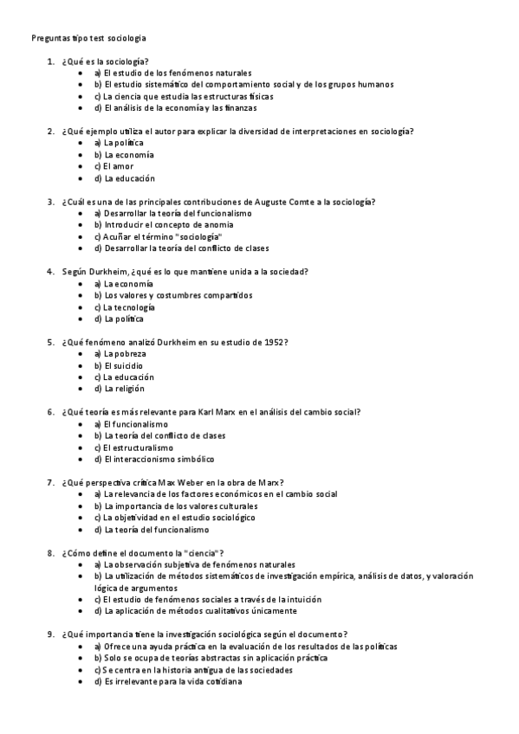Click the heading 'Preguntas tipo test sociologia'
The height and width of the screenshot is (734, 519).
[88, 38]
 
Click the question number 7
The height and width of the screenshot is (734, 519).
[51, 482]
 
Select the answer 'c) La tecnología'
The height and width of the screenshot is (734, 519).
[125, 307]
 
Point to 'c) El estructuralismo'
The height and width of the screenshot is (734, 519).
[137, 447]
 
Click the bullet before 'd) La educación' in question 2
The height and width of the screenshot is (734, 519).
[81, 178]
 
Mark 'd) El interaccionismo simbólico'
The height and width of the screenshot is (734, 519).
[153, 459]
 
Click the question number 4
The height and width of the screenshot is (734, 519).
[51, 272]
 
